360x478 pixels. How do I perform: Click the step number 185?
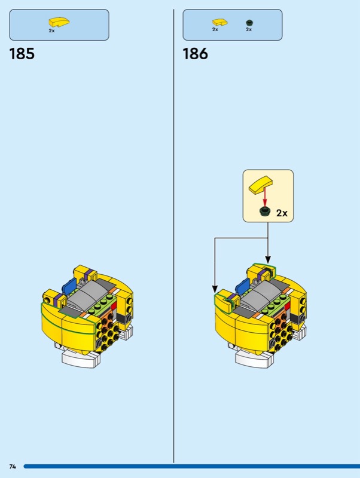(x=22, y=54)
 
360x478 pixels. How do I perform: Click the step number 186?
(x=196, y=54)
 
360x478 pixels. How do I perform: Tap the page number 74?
(x=13, y=467)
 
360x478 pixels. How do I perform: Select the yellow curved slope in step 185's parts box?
(x=59, y=22)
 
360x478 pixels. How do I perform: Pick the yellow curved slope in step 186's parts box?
(x=220, y=22)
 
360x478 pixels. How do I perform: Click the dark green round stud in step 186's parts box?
(x=249, y=23)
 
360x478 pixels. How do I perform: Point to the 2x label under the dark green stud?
(x=249, y=29)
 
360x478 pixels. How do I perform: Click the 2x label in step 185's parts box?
(x=51, y=30)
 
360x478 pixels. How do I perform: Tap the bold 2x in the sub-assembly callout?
(x=282, y=213)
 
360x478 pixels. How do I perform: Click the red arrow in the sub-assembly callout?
(x=265, y=197)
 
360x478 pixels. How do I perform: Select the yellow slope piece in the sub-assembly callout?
(x=261, y=185)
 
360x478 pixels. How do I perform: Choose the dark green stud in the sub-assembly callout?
(x=265, y=212)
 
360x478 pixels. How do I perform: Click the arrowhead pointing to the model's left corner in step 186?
(x=215, y=289)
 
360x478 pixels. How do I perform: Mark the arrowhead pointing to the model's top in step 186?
(x=268, y=260)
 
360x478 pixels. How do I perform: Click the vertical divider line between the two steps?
(x=173, y=236)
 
